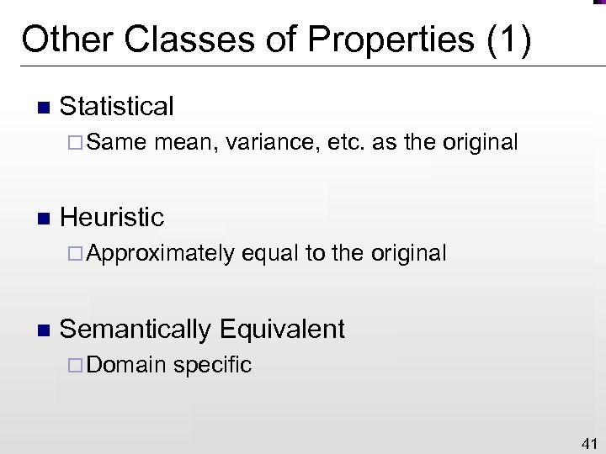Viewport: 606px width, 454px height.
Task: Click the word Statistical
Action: click(x=117, y=107)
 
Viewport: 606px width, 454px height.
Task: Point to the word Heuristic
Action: click(x=112, y=218)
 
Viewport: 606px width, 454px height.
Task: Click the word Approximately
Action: click(x=160, y=253)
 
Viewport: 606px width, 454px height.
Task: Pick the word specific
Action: click(x=214, y=365)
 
